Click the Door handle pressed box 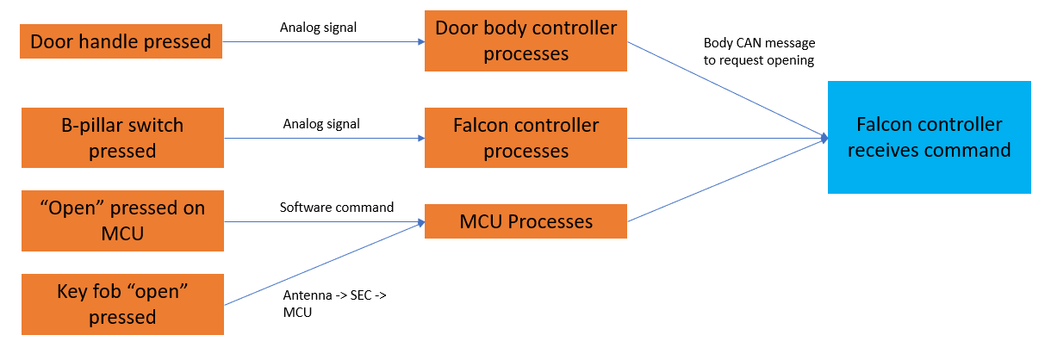click(x=121, y=40)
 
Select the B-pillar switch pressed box click(x=122, y=138)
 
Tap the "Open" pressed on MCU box click(x=122, y=220)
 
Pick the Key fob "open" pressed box click(x=122, y=304)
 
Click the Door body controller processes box click(x=525, y=40)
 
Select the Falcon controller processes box click(x=525, y=138)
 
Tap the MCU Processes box click(x=525, y=221)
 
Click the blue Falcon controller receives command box click(x=929, y=138)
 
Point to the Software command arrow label click(x=336, y=208)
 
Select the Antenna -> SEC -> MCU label click(x=336, y=304)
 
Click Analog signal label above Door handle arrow click(x=318, y=28)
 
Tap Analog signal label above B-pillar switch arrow click(x=320, y=124)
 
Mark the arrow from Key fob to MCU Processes click(x=323, y=264)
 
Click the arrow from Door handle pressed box click(x=323, y=40)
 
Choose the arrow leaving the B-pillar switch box click(x=323, y=138)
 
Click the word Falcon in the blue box click(x=885, y=125)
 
